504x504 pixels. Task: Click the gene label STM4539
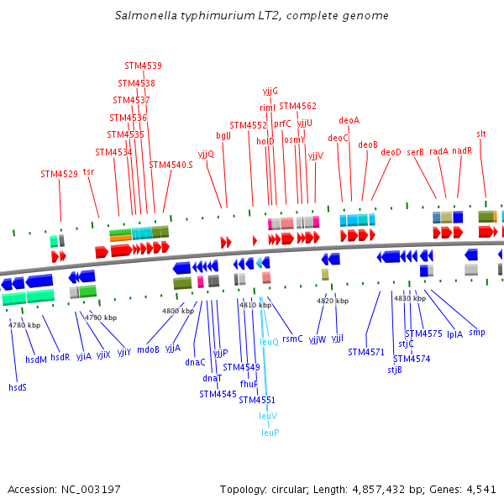[x=143, y=66]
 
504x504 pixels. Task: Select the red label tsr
[x=88, y=171]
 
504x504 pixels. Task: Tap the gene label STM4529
[x=59, y=175]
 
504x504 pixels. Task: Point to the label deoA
[x=349, y=120]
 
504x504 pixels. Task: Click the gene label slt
[x=481, y=134]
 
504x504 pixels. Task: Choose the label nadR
[x=462, y=151]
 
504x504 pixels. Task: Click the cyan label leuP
[x=270, y=433]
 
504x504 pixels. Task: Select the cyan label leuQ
[x=269, y=342]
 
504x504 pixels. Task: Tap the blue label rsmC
[x=292, y=339]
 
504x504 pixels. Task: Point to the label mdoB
[x=148, y=349]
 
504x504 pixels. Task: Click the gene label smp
[x=477, y=333]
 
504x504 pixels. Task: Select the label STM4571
[x=365, y=352]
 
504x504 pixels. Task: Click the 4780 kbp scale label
[x=24, y=325]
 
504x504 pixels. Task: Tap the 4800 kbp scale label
[x=177, y=311]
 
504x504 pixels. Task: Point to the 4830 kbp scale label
[x=409, y=298]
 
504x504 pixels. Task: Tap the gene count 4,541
[x=480, y=489]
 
